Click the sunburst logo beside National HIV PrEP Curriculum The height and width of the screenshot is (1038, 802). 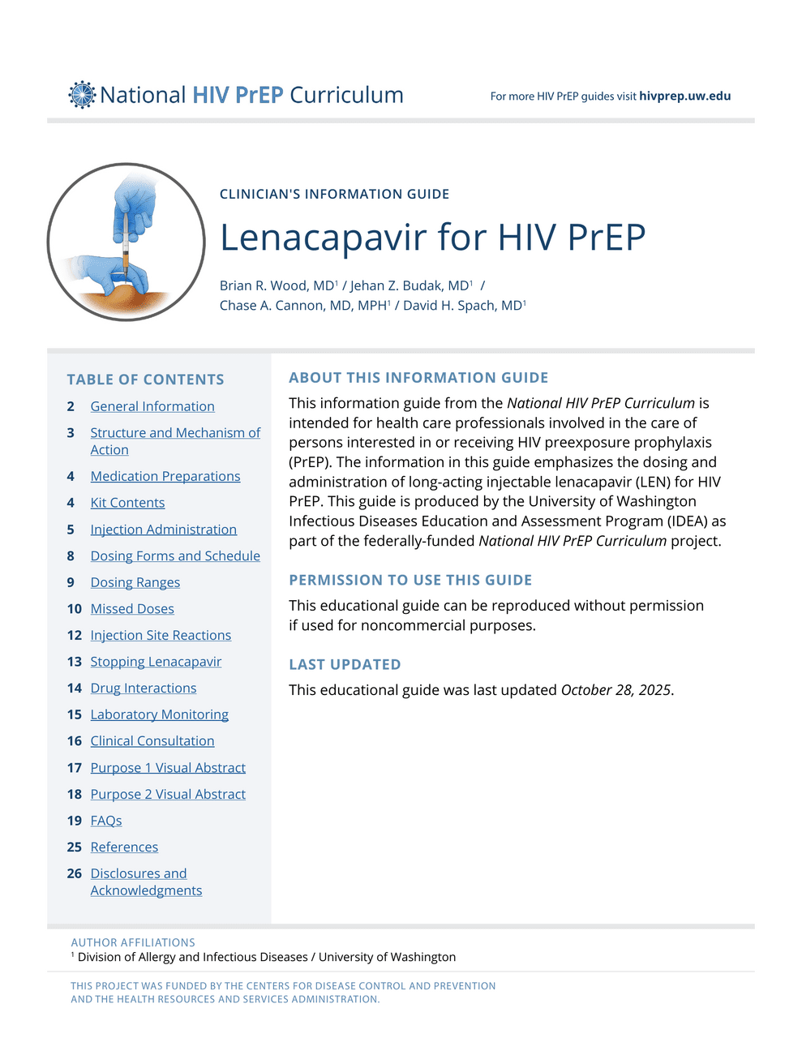[82, 95]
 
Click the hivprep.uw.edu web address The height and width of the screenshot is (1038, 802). [684, 96]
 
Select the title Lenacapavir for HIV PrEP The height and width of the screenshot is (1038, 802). [432, 238]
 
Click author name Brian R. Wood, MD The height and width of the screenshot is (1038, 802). [277, 285]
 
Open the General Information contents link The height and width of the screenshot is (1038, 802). [152, 406]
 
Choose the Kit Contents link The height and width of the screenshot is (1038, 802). [127, 503]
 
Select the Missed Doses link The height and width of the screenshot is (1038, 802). [132, 609]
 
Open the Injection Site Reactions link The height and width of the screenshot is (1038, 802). [161, 635]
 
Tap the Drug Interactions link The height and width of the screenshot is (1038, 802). [144, 688]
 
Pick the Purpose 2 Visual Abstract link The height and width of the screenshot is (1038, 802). [168, 794]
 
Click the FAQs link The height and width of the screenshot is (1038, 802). [106, 821]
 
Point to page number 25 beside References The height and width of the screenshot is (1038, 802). [75, 847]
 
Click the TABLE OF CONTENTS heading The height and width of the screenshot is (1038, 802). [145, 380]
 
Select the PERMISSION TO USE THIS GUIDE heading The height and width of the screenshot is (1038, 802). [410, 580]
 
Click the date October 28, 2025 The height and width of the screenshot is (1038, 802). [615, 690]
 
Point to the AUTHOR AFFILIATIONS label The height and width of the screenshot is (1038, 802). [133, 942]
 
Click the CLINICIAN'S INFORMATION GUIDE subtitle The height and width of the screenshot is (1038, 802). [334, 195]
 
